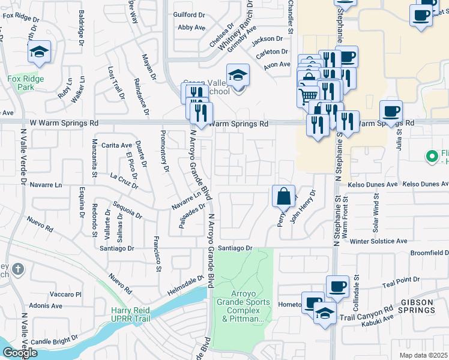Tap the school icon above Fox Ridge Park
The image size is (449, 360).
point(39,52)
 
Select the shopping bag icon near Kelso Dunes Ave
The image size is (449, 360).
point(283,196)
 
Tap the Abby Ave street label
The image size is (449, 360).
point(192,28)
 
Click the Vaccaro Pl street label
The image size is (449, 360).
point(65,295)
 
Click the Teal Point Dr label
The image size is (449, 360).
point(400,280)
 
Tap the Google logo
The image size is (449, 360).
point(19,353)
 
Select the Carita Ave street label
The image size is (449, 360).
point(116,145)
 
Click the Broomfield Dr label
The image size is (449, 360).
point(429,253)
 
